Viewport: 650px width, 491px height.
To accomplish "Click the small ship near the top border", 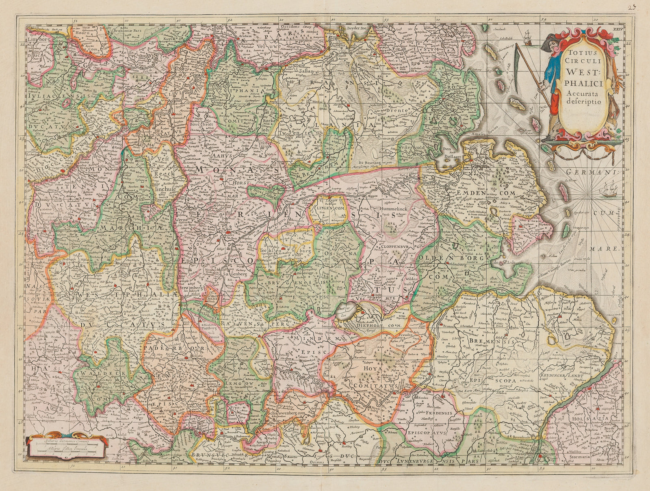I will coord(528,37).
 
